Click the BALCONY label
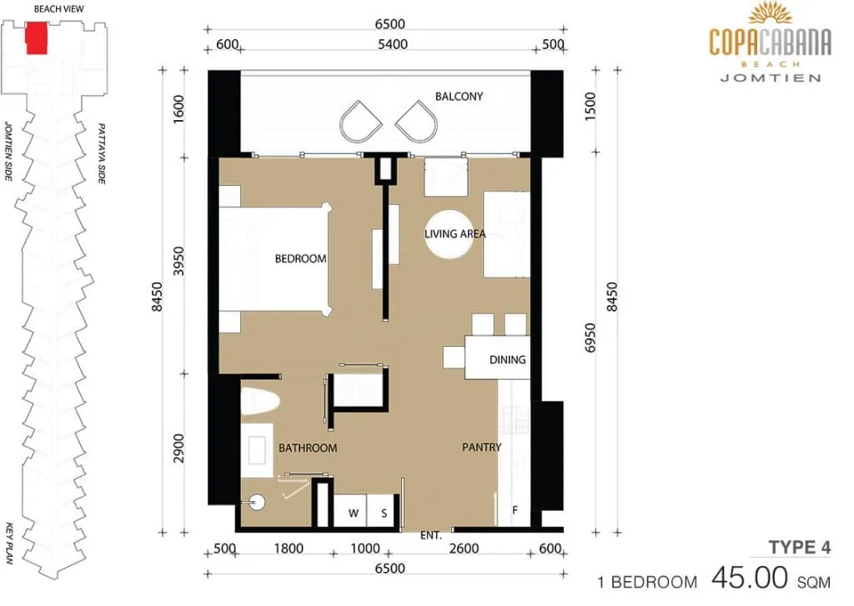(x=459, y=97)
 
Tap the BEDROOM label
(x=300, y=258)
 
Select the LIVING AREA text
(x=455, y=234)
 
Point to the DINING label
(x=508, y=359)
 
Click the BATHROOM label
(x=308, y=448)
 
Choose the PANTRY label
(x=481, y=447)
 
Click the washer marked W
(x=350, y=511)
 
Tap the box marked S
(x=384, y=511)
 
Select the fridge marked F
(x=514, y=509)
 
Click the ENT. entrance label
(x=431, y=536)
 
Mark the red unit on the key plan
(x=37, y=38)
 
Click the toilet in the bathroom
(x=260, y=401)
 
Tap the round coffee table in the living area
(x=450, y=234)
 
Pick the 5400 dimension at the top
(x=393, y=44)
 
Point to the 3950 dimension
(x=178, y=261)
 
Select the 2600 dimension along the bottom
(x=464, y=548)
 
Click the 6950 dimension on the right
(x=590, y=338)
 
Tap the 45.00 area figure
(x=750, y=578)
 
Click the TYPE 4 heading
(x=800, y=547)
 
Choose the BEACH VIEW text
(x=59, y=8)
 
